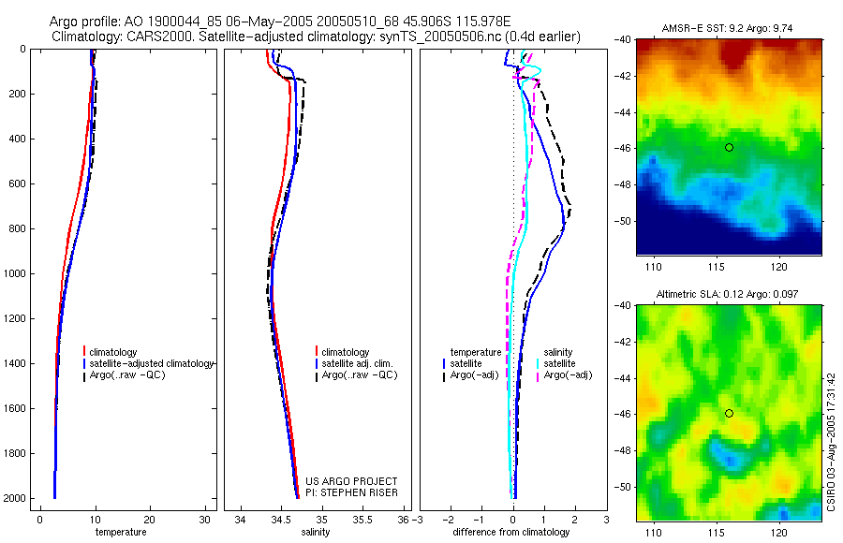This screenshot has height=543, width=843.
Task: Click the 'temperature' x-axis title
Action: pos(121,532)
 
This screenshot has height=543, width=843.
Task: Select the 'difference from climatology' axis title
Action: pos(510,532)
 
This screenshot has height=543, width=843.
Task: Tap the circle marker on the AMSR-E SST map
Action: pos(729,147)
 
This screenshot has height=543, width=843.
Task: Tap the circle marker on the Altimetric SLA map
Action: pos(729,413)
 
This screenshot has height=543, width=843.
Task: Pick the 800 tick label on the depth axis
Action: pos(17,228)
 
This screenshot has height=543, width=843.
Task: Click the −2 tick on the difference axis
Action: pos(450,519)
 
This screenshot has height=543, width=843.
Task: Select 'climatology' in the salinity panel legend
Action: pos(346,352)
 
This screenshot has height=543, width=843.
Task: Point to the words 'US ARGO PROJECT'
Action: pos(352,481)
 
